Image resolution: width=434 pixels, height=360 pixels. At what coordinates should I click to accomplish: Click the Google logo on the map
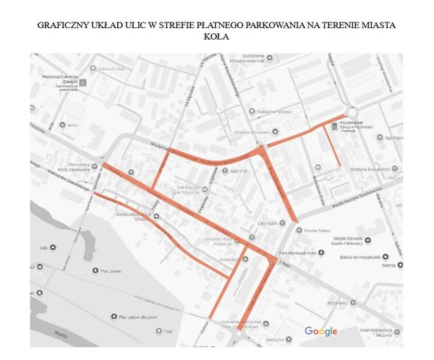click(320, 331)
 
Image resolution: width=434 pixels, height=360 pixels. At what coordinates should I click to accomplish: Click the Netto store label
click(72, 125)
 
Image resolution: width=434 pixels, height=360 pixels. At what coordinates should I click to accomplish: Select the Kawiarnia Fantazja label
click(274, 111)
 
